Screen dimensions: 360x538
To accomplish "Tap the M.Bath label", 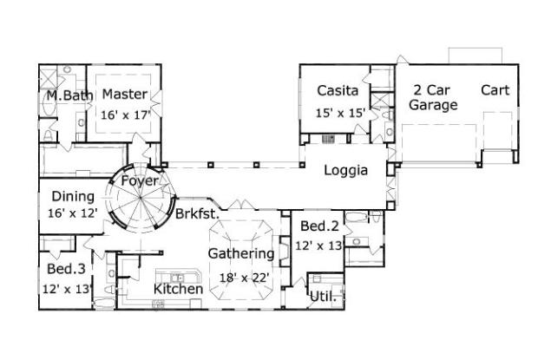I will point(64,95).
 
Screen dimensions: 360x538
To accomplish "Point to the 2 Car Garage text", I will point(434,98).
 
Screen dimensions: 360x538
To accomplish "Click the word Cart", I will point(495,90).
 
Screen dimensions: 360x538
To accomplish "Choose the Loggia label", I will point(346,171).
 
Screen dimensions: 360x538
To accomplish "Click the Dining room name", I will point(73,196).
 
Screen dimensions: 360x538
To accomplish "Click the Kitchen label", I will point(179,289).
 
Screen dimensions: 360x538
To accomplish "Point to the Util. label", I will point(323,297).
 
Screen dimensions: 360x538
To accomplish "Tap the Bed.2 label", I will point(318,226).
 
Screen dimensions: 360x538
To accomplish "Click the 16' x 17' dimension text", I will point(126,113).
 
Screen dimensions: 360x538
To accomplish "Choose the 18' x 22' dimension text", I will point(244,277).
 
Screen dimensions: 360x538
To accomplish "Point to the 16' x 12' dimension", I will point(73,212).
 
